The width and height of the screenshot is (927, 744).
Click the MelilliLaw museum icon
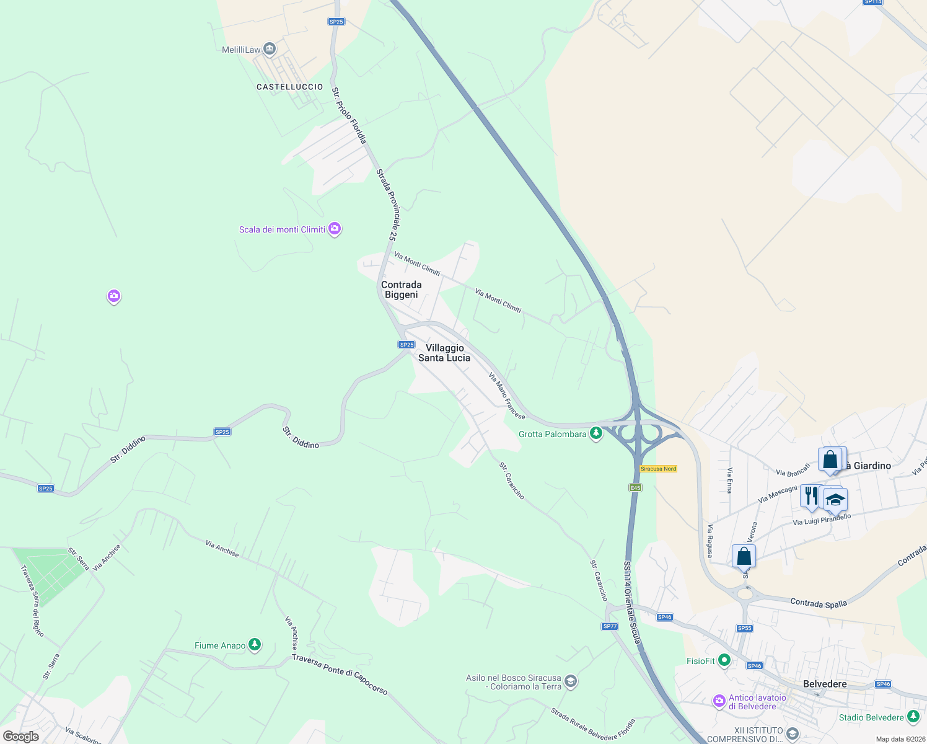coord(270,49)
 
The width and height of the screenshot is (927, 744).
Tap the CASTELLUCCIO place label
coord(289,87)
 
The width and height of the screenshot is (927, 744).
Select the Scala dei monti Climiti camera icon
coord(335,229)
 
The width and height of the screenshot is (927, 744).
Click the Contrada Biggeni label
coord(402,290)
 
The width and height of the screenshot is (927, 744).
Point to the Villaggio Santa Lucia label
coord(444,353)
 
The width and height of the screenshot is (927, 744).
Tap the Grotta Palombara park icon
coord(596,433)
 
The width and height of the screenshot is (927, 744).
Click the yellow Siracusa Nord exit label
coord(658,469)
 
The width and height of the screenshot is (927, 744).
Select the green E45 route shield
coord(635,488)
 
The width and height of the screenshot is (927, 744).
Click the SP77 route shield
coord(610,626)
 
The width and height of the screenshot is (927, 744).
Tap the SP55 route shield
coord(745,628)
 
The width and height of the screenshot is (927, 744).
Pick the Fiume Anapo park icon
coord(255,645)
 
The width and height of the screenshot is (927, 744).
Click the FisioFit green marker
coord(724,661)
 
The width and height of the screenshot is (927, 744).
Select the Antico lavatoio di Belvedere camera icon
coord(719,701)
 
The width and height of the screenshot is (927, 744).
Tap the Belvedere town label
coord(825,684)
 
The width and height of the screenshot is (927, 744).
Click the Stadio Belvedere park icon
coord(913,717)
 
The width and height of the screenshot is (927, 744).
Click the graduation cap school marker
coord(835,500)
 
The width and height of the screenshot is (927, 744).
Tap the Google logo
coord(20,736)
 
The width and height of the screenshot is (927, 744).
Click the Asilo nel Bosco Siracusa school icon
coord(571,682)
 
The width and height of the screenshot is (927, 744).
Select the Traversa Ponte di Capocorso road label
coord(340,674)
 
